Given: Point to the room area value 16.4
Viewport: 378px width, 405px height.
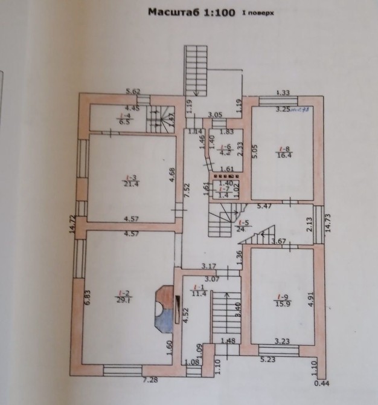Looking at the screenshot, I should coord(283,155).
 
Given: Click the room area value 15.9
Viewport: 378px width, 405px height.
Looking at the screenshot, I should coord(282,303).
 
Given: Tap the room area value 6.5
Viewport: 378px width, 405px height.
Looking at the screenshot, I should coord(125,121).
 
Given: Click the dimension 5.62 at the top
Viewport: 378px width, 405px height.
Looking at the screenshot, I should coord(132,91).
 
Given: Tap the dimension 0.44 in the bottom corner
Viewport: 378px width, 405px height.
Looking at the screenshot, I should coord(324,382).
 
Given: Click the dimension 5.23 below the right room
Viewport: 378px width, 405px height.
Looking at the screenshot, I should coord(268,360).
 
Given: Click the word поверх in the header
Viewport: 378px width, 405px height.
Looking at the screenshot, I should coord(255,11).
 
